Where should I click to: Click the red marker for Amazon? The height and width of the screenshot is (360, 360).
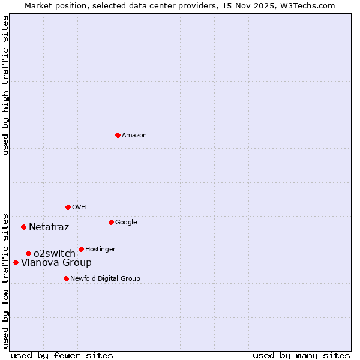tap(118, 135)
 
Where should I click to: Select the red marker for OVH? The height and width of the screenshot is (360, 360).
tap(68, 207)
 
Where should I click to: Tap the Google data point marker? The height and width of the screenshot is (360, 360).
tap(111, 222)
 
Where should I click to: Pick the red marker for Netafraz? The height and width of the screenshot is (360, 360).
tap(24, 227)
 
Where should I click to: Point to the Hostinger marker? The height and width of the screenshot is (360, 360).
tap(81, 249)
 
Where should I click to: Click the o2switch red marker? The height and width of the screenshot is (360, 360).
tap(28, 253)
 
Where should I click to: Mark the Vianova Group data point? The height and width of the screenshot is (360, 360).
tap(16, 262)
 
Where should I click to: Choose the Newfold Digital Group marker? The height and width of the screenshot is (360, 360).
tap(66, 278)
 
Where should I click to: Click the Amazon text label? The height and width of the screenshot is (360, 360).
tap(134, 136)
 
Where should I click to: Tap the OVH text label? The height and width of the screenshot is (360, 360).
tap(79, 208)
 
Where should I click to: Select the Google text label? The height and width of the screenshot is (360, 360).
tap(126, 223)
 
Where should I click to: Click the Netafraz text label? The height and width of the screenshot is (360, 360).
tap(49, 227)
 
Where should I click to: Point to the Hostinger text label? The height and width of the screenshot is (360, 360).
tap(100, 250)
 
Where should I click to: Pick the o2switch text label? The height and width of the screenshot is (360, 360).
tap(55, 254)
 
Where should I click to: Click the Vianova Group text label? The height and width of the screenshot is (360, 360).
tap(56, 263)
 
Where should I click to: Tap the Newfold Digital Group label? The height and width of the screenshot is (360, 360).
tap(105, 279)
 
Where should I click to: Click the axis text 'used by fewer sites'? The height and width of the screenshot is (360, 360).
tap(62, 355)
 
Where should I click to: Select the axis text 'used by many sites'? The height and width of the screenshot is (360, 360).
tap(301, 355)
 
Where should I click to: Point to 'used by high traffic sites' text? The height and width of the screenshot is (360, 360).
tap(6, 85)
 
